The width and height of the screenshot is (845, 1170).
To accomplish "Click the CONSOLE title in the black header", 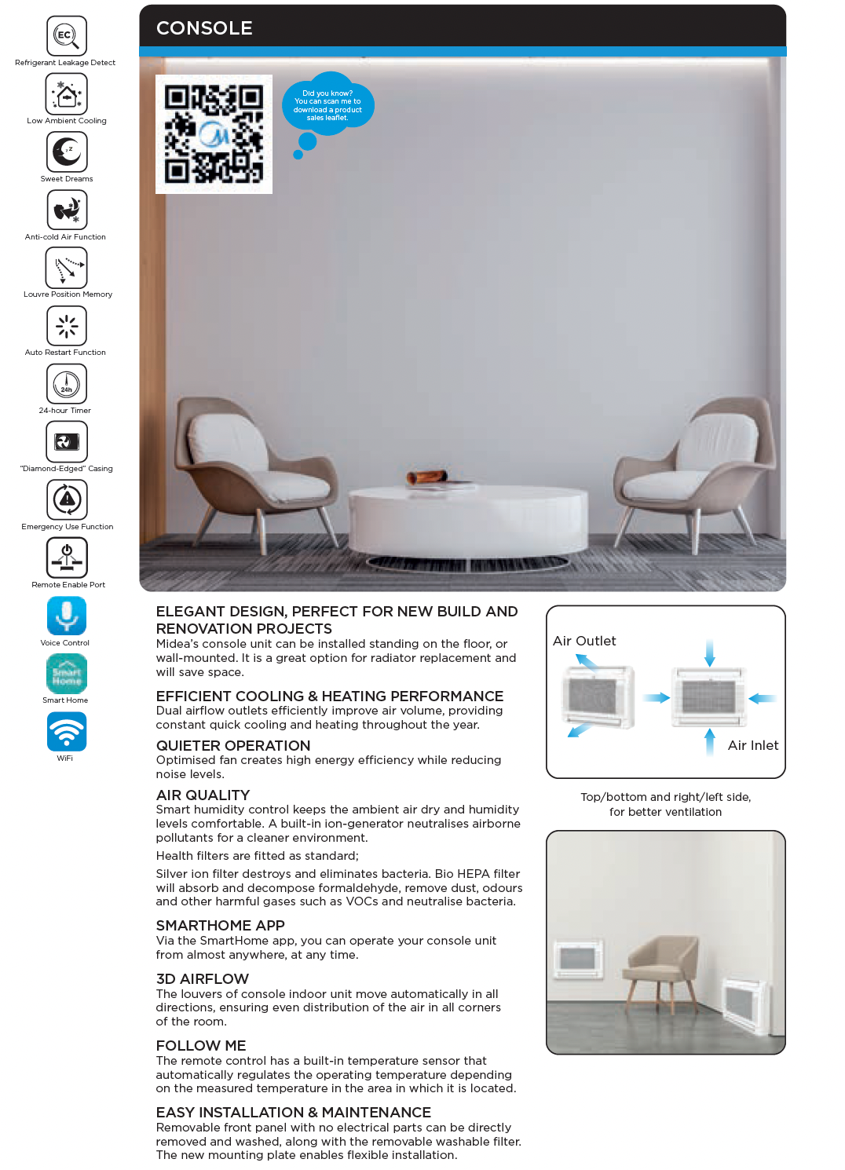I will (x=204, y=28).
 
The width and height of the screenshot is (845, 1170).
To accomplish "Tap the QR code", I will (x=214, y=134).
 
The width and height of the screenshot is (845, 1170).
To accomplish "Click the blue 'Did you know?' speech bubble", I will (x=327, y=105).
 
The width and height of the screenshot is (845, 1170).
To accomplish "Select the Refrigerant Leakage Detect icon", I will (x=67, y=35).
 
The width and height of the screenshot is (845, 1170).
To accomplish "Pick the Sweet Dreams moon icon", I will (x=67, y=152).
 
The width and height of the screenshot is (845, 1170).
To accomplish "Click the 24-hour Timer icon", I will (x=67, y=384).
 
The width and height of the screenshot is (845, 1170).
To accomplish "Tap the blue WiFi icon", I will (x=67, y=731).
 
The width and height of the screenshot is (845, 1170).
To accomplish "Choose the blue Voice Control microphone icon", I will (x=67, y=616).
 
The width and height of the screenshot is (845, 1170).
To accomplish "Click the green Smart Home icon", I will (x=67, y=674).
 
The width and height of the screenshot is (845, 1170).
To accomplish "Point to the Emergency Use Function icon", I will (x=67, y=499).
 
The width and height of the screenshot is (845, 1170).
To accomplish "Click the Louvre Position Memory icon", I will (x=67, y=268).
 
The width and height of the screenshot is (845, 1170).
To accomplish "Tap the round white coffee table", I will (x=468, y=518).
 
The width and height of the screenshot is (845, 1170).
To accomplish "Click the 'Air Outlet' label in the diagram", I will (x=584, y=641).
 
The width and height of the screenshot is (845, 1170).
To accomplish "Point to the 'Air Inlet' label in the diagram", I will (x=753, y=745).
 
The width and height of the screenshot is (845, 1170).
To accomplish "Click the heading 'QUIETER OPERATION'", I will (x=233, y=745).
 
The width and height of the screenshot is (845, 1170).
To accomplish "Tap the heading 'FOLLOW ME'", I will (x=201, y=1045).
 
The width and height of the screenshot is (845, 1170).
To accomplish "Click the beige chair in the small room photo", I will (x=663, y=967).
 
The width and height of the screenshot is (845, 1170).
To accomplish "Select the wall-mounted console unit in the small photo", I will (x=578, y=959).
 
